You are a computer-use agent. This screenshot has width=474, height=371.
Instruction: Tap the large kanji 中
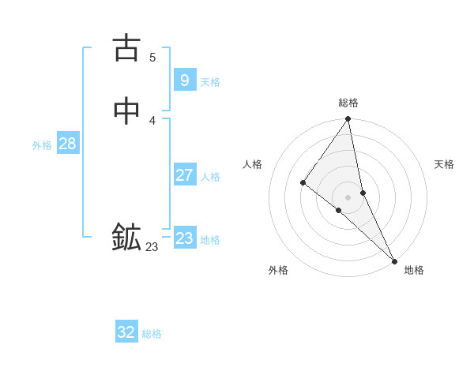point(126,112)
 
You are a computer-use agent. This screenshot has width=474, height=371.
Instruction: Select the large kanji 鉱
point(126,237)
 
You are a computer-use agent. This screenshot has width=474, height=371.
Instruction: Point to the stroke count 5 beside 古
point(152,57)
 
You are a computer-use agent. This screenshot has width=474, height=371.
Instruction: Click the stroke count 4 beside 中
point(152,120)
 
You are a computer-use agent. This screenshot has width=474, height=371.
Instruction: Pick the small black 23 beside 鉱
point(152,247)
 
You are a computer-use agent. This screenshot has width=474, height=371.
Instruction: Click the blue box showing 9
point(184,80)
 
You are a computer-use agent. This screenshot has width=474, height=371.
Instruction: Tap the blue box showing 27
point(184,175)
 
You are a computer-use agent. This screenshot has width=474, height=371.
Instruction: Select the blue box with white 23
point(184,238)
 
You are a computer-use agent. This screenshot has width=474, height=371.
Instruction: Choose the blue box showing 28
point(67,144)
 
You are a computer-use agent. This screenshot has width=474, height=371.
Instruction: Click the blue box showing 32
point(126,332)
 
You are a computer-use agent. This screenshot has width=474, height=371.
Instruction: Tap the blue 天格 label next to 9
point(210,82)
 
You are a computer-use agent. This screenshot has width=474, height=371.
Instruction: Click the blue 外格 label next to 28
point(42,145)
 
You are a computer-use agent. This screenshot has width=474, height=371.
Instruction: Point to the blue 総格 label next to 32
point(152,334)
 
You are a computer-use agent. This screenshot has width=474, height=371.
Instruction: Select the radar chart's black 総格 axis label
point(348,103)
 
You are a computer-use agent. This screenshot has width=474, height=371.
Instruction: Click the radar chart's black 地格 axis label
point(414,270)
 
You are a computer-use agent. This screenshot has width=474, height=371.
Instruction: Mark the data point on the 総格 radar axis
point(348,120)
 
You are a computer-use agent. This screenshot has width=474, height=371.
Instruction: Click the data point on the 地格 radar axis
point(394,260)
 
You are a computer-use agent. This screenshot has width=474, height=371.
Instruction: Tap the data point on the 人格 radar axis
point(303,182)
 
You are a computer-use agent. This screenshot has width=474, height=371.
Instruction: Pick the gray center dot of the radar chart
point(348,197)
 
